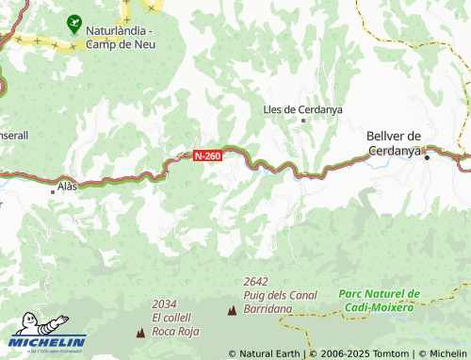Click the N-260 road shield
coord(207,155)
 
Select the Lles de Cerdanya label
coord(302,109)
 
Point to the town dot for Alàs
coord(53,190)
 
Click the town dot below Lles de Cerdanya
coord(303,121)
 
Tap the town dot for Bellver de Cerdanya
coord(427,157)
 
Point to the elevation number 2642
coord(255,282)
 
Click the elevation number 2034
coord(164,303)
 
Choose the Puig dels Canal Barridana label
coord(279,301)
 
